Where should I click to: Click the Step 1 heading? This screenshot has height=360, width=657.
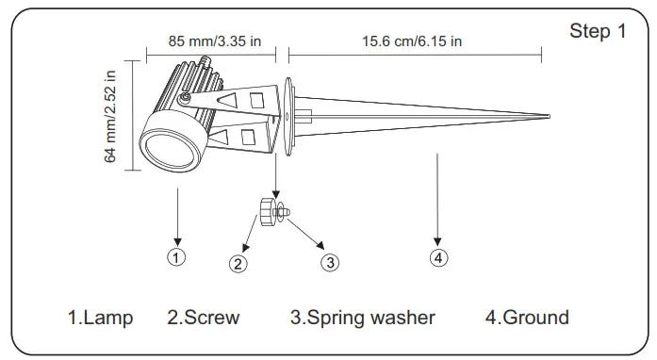[x=597, y=31]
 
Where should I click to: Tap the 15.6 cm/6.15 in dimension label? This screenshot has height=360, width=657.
[x=412, y=41]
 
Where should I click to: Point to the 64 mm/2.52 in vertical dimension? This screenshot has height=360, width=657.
[x=110, y=116]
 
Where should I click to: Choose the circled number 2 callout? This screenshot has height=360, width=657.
[x=239, y=264]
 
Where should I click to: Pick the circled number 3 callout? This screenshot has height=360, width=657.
[x=329, y=263]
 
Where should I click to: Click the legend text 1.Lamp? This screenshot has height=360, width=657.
[x=100, y=318]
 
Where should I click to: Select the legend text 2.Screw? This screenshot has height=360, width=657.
[x=204, y=318]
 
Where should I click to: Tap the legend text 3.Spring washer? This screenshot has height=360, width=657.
[x=362, y=318]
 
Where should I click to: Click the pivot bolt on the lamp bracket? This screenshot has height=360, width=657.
[x=188, y=97]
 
